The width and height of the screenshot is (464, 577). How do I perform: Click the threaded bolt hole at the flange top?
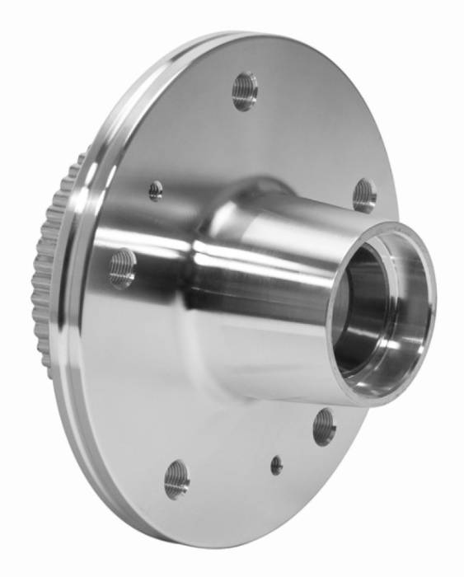(245, 90)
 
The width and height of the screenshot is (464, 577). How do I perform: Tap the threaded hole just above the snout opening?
(364, 195)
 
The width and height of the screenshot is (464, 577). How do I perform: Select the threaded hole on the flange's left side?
(122, 268)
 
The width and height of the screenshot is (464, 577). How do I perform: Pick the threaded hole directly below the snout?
(324, 426)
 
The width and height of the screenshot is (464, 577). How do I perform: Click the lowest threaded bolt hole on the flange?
(176, 479)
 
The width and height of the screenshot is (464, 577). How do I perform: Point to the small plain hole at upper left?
(156, 191)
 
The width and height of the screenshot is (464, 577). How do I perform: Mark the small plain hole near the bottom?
(277, 466)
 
